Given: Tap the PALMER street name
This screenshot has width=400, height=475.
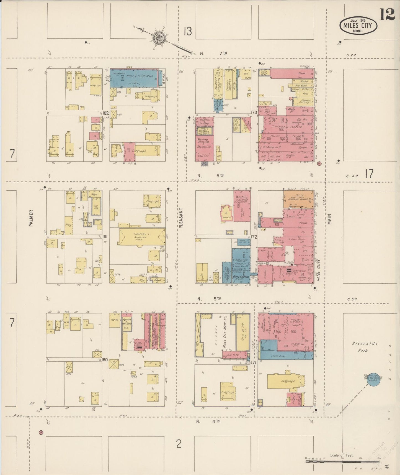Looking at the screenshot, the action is pos(31,218).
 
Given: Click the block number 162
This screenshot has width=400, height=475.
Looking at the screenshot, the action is pos(105,113).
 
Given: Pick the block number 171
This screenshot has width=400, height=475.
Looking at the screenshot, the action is pos(254,362).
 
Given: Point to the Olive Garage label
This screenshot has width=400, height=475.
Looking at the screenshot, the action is pos(241,277).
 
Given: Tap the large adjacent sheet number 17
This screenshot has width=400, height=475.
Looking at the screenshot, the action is pos(369,174).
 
